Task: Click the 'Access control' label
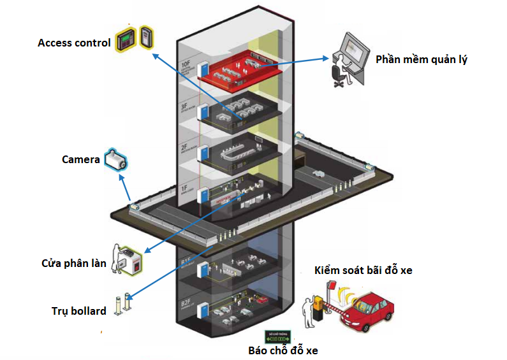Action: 74,43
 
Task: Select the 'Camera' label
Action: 80,159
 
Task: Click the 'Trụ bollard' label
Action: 78,311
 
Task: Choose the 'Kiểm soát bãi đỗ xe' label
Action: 363,271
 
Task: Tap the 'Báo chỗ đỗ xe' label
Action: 282,350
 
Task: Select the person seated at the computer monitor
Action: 339,70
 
